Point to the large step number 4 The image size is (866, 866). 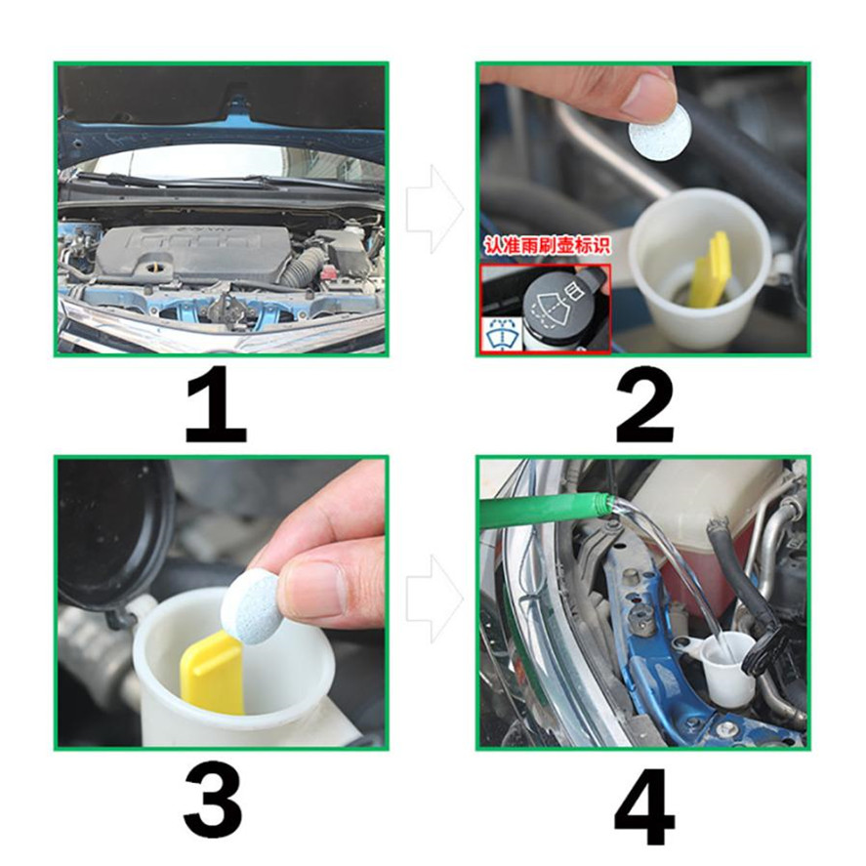click(644, 806)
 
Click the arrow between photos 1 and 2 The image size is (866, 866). click(435, 209)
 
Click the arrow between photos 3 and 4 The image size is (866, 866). click(435, 599)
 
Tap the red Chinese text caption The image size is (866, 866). click(548, 245)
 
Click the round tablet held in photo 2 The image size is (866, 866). click(661, 132)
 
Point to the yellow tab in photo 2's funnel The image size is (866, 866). click(711, 268)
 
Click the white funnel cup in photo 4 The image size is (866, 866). click(726, 670)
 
